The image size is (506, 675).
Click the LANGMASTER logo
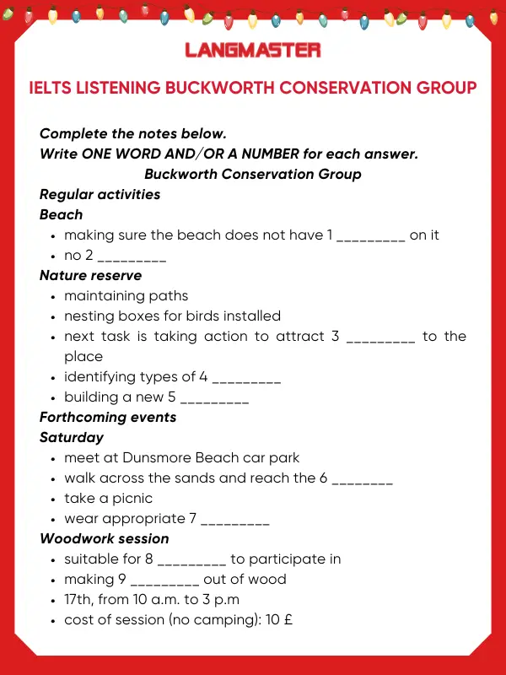pyautogui.click(x=253, y=50)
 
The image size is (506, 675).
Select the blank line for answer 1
pyautogui.click(x=371, y=237)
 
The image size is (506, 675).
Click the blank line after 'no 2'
pyautogui.click(x=132, y=257)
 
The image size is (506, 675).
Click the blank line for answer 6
pyautogui.click(x=363, y=480)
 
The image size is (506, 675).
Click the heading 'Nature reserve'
pyautogui.click(x=91, y=275)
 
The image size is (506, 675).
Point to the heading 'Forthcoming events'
pyautogui.click(x=108, y=417)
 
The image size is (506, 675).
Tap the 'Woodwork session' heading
pyautogui.click(x=105, y=538)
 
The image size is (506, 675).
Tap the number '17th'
pyautogui.click(x=78, y=599)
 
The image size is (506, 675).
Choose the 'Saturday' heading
pyautogui.click(x=72, y=437)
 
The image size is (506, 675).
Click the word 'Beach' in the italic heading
pyautogui.click(x=62, y=214)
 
